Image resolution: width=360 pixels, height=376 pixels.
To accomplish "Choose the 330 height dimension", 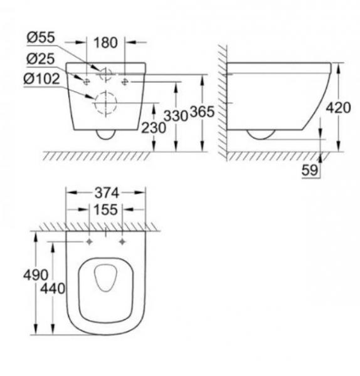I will click(177, 115).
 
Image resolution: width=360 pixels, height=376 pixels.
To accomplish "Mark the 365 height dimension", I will click(203, 113).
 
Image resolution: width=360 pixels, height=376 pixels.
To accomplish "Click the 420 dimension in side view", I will click(339, 107).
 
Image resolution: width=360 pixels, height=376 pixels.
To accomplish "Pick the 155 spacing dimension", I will click(105, 211).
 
